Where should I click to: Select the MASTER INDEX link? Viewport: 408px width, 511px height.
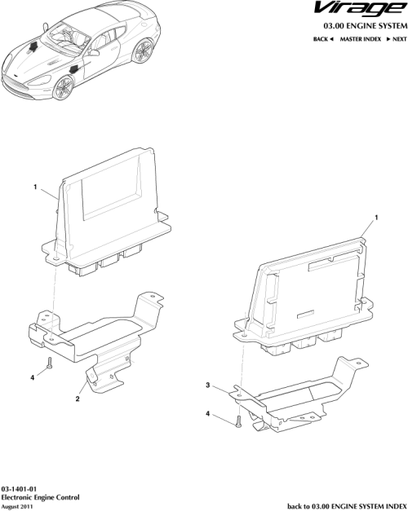pos(362,39)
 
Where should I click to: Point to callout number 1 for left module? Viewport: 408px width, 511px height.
pos(36,187)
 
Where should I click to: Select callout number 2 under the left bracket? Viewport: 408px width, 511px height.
pos(77,399)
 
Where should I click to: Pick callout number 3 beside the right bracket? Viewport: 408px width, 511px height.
pos(208,385)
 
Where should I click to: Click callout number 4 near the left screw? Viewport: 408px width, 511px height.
pos(33,377)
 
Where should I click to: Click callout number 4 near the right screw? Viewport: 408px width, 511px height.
pos(209,415)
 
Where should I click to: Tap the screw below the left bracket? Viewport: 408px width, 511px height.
pos(49,363)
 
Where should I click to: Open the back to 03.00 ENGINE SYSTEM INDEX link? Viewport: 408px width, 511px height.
pos(347,504)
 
